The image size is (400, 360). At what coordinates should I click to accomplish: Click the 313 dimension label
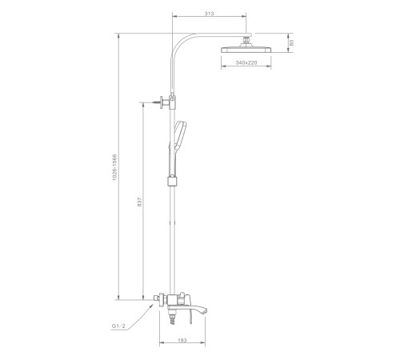click(x=209, y=14)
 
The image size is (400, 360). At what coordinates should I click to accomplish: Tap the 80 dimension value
click(x=291, y=42)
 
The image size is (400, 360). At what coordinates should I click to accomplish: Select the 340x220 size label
click(x=246, y=62)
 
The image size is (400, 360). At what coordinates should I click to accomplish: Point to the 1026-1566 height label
click(x=114, y=167)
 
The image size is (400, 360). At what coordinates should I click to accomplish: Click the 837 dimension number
click(x=140, y=202)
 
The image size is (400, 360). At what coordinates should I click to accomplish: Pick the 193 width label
click(x=182, y=340)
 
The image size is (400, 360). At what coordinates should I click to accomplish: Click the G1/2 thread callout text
click(x=118, y=326)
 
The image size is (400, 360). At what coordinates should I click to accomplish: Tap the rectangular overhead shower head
click(x=246, y=50)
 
